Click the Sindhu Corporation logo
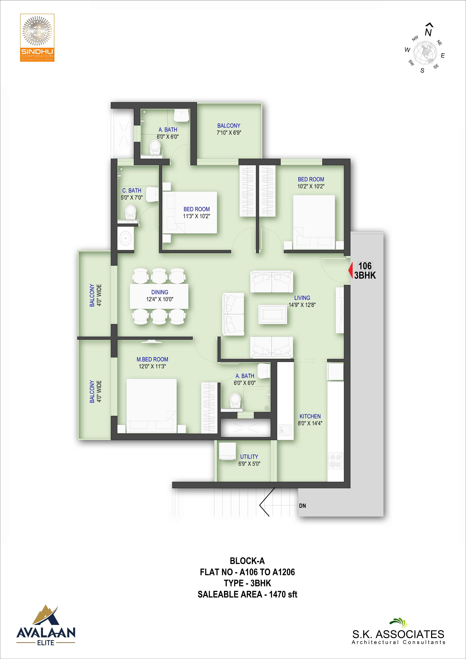pos(37,38)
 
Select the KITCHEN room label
pos(310,416)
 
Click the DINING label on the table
pos(160,292)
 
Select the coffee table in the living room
pos(273,314)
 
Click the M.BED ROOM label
pos(152,359)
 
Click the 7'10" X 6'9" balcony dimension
pos(229,133)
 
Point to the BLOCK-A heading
pos(247,561)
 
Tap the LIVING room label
pos(302,298)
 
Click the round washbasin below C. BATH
pos(126,238)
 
